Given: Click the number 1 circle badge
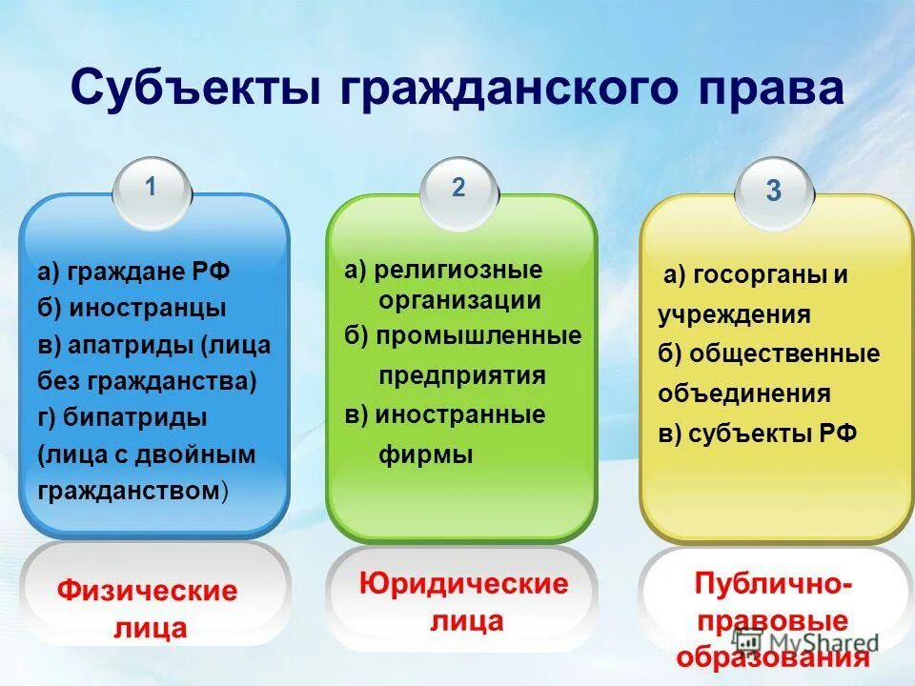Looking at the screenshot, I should pyautogui.click(x=152, y=189).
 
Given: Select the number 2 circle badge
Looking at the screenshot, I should pyautogui.click(x=458, y=189).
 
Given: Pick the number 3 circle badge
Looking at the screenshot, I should pyautogui.click(x=773, y=191).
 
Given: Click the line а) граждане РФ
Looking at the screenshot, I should pyautogui.click(x=133, y=272).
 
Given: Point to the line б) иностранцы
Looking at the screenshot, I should pyautogui.click(x=132, y=309).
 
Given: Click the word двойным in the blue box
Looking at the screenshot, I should pyautogui.click(x=208, y=454).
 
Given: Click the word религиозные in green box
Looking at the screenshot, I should pyautogui.click(x=457, y=270).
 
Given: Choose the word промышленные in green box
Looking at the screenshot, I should pyautogui.click(x=478, y=336).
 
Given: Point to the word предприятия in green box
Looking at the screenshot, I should pyautogui.click(x=462, y=375).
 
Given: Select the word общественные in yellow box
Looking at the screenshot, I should pyautogui.click(x=782, y=354).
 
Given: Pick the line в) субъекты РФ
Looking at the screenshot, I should pyautogui.click(x=758, y=434).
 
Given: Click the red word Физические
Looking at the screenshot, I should pyautogui.click(x=147, y=592).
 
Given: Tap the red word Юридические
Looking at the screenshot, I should pyautogui.click(x=463, y=583).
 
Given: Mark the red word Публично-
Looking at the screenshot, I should pyautogui.click(x=773, y=582).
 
